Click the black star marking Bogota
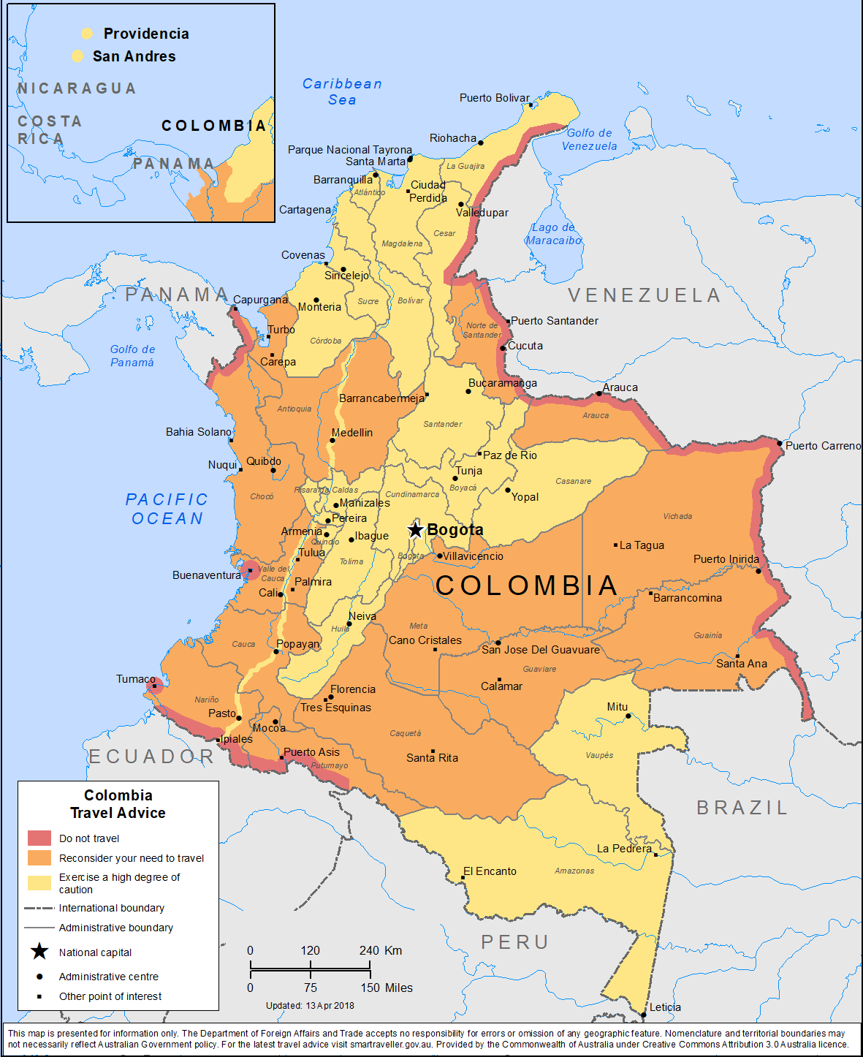[x=415, y=530]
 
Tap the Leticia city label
[x=665, y=1007]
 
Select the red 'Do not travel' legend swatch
[x=39, y=838]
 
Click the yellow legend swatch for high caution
[x=39, y=882]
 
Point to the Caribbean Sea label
[x=342, y=92]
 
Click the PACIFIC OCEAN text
[x=167, y=509]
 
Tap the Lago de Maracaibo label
[x=554, y=234]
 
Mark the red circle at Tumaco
[x=154, y=686]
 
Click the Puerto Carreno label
[x=823, y=446]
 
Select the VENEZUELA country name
[x=645, y=295]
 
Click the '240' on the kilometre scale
[x=369, y=950]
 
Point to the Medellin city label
[x=352, y=433]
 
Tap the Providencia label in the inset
[x=146, y=34]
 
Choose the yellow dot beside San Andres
[x=77, y=56]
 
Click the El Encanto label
[x=490, y=871]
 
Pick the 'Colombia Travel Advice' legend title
[x=118, y=804]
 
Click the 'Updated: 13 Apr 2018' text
[x=310, y=1006]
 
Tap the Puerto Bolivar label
[x=494, y=98]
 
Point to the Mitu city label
[x=617, y=707]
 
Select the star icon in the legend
[x=39, y=952]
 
